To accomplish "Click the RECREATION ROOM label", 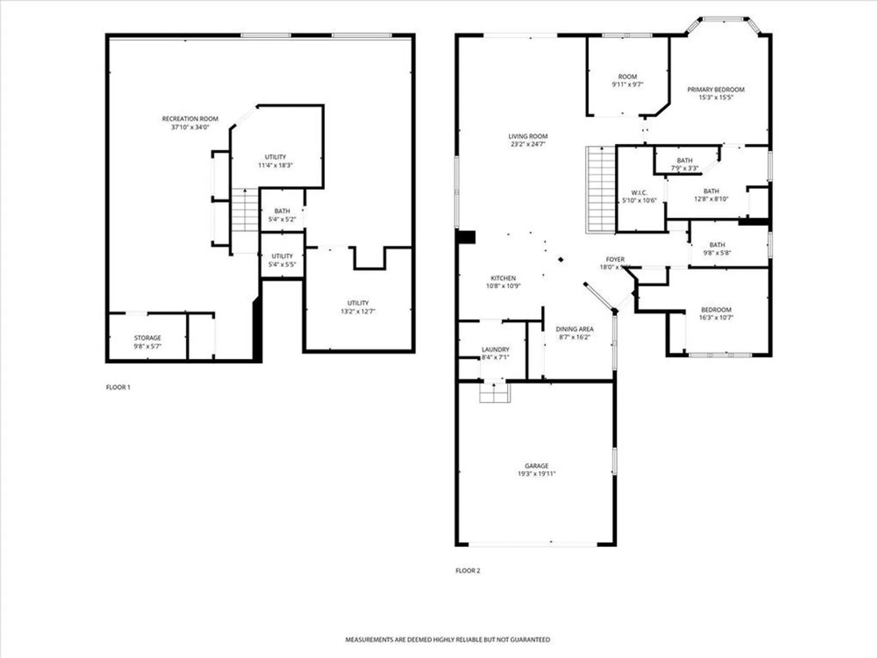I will tap(190, 119).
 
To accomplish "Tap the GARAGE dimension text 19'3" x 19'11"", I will tap(537, 474).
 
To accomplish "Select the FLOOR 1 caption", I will tap(118, 387).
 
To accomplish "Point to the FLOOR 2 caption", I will tap(467, 571).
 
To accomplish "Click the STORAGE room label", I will tap(147, 338).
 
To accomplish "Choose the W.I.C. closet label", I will tap(639, 193).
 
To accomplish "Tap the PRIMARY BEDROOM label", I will tap(716, 89).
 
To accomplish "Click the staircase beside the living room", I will tap(601, 190).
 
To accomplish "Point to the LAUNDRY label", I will tap(495, 350).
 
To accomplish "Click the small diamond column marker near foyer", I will tap(561, 260).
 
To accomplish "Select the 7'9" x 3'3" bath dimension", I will tap(684, 168).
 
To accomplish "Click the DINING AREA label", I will tap(574, 329).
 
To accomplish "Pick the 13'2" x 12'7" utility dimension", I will tap(358, 311).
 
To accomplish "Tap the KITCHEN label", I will tap(503, 278).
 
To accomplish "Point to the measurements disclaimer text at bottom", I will tap(447, 640).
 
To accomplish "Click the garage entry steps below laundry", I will tap(495, 393).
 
